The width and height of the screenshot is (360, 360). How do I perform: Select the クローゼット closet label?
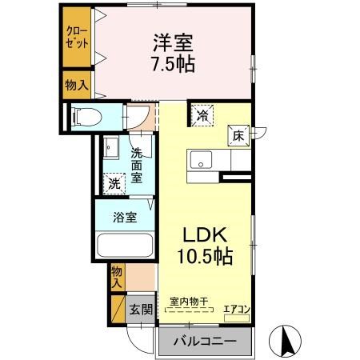point(77,37)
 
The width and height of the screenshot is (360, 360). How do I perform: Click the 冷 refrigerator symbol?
point(202,115)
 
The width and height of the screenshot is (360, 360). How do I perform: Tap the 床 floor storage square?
point(238,136)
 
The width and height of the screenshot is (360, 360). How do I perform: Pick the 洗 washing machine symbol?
point(114,183)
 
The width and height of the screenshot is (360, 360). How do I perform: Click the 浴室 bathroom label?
point(124,216)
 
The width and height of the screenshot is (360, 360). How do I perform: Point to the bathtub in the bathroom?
point(125,246)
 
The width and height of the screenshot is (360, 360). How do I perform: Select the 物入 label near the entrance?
point(117,277)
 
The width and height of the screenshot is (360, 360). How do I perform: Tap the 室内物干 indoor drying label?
point(189,302)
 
